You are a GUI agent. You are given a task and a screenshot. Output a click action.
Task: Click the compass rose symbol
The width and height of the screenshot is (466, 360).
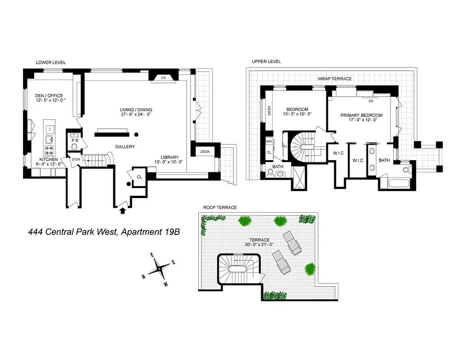click(x=158, y=269)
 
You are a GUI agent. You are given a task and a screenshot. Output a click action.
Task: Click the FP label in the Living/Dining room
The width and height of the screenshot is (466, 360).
click(x=163, y=77)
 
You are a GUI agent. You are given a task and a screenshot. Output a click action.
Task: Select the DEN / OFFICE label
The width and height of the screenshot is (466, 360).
click(x=49, y=96)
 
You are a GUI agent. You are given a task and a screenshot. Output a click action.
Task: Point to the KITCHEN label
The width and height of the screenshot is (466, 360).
click(x=48, y=159)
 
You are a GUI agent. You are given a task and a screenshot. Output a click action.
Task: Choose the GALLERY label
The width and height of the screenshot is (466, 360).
click(x=125, y=147)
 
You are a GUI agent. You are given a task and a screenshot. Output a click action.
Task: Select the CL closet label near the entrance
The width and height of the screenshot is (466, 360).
click(x=139, y=177)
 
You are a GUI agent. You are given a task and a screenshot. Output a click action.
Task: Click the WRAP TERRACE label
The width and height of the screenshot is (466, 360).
click(x=335, y=79)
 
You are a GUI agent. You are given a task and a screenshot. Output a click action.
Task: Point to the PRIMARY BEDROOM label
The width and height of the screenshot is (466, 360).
click(x=361, y=115)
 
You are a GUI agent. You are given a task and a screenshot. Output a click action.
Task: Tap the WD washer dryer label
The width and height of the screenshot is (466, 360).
click(x=269, y=141)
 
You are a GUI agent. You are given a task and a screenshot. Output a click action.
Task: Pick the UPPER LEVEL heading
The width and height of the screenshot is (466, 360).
click(x=266, y=62)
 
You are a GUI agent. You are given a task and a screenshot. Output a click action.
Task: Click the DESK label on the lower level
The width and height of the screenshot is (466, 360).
click(x=206, y=152)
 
